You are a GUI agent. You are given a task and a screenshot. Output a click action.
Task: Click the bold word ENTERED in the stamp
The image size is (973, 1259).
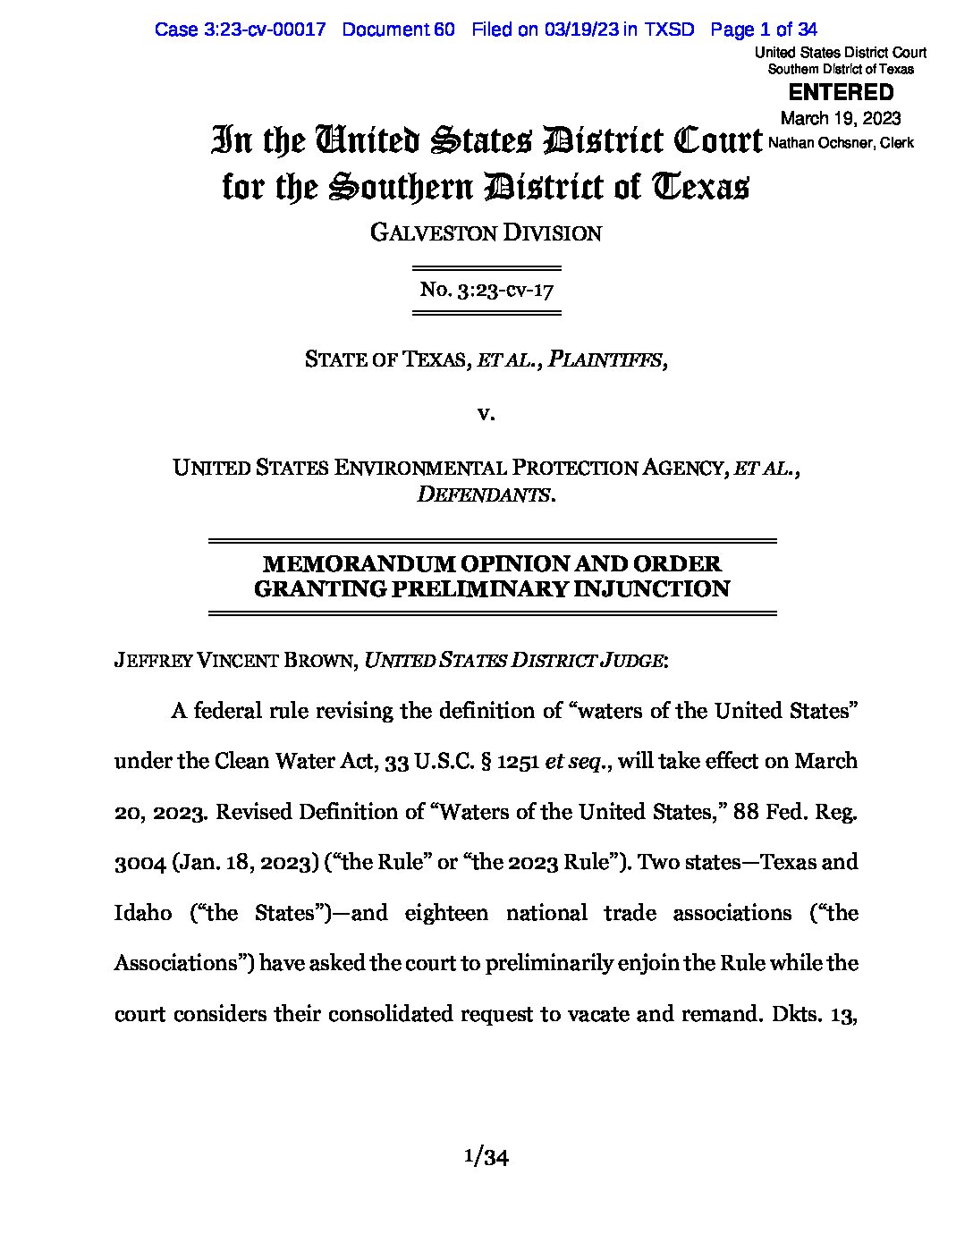pyautogui.click(x=840, y=92)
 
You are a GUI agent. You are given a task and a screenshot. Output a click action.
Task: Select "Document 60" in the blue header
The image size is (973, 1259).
pyautogui.click(x=398, y=30)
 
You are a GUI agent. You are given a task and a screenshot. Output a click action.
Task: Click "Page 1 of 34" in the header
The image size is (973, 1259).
pyautogui.click(x=764, y=30)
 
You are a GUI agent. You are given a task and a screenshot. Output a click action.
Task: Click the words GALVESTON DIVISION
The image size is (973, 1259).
pyautogui.click(x=486, y=234)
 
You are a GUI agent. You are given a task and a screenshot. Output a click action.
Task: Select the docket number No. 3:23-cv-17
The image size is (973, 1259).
pyautogui.click(x=486, y=291)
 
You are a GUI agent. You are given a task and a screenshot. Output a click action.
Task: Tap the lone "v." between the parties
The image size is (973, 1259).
pyautogui.click(x=486, y=413)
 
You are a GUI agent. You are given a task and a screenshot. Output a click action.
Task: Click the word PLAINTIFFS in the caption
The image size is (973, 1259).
pyautogui.click(x=605, y=359)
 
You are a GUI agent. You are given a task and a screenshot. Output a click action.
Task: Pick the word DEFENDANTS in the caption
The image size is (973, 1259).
pyautogui.click(x=483, y=494)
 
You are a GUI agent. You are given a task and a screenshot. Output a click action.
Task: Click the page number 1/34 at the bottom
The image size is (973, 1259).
pyautogui.click(x=486, y=1158)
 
